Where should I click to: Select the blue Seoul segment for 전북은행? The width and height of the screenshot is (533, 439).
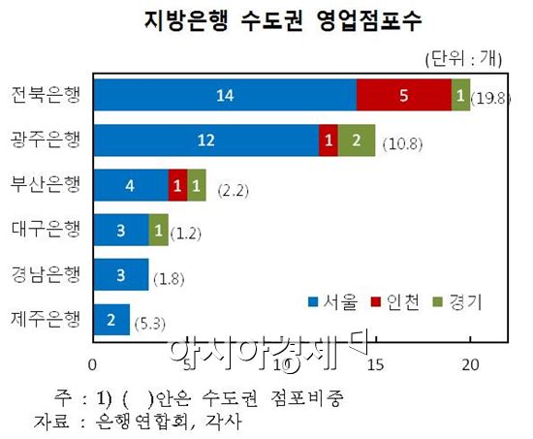[224, 94]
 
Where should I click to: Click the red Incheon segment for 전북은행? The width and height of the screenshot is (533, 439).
[404, 94]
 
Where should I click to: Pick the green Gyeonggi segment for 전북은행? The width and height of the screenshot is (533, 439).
[460, 94]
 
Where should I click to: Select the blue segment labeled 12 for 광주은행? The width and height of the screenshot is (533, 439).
[206, 140]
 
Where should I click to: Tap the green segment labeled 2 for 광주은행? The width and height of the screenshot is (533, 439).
[357, 140]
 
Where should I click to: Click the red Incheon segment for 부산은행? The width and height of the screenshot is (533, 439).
[177, 185]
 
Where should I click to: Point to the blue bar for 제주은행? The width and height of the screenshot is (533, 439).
[110, 319]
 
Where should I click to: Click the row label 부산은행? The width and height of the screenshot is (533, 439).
[47, 185]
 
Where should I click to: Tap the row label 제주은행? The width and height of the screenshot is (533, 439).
[47, 319]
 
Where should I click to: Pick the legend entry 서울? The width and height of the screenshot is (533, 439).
[334, 301]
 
